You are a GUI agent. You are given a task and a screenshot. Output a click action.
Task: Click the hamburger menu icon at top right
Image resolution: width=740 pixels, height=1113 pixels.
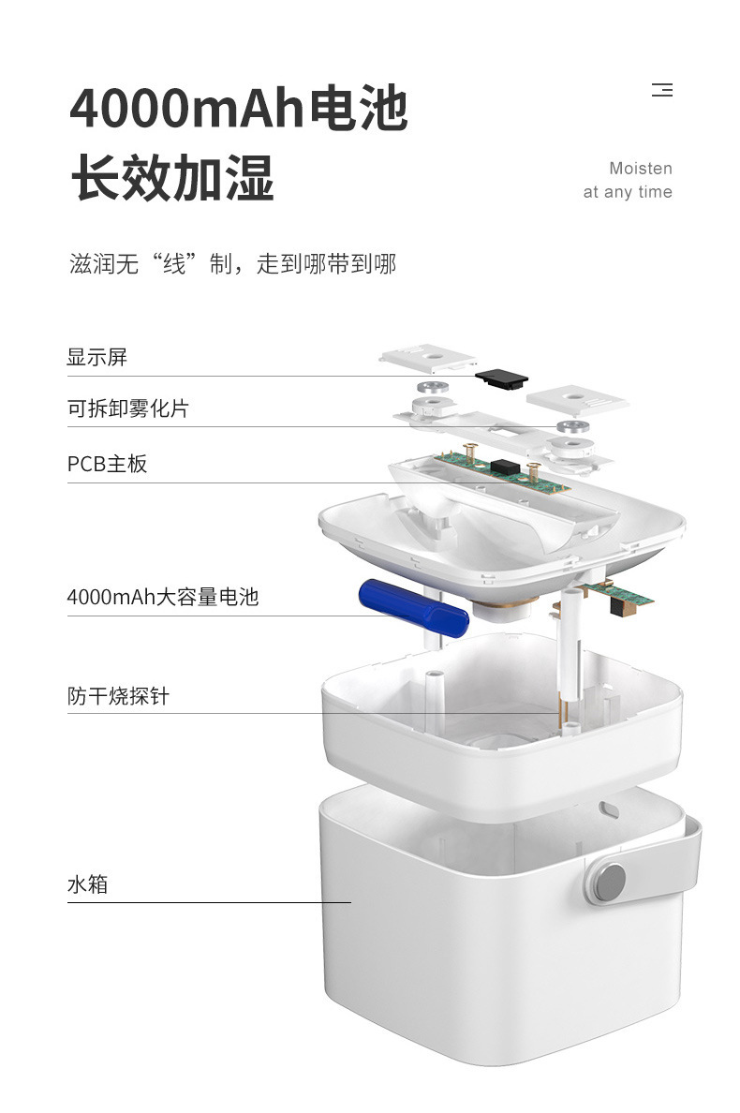click(x=662, y=90)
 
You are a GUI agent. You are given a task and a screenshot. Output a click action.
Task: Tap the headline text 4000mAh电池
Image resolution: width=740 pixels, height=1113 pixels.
click(x=239, y=108)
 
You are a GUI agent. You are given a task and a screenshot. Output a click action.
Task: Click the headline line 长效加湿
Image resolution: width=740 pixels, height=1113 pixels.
click(x=172, y=177)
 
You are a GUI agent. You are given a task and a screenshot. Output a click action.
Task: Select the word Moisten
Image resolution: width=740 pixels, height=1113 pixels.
click(x=641, y=169)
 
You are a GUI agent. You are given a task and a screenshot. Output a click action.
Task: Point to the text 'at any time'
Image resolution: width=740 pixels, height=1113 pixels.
click(x=628, y=192)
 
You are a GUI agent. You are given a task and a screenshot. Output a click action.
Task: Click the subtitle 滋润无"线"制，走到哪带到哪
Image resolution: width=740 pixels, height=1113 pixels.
click(x=232, y=264)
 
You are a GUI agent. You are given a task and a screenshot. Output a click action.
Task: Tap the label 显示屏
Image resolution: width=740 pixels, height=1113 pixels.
click(x=97, y=357)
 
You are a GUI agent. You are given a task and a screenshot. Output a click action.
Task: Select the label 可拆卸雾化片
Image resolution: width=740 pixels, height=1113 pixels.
click(x=128, y=408)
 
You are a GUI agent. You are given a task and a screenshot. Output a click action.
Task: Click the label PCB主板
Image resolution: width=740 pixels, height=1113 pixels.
click(x=107, y=465)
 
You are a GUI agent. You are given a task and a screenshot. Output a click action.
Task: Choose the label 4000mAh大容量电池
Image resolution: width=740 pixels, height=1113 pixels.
click(x=162, y=597)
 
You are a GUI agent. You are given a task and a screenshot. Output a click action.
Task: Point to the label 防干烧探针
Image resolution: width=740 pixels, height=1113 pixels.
click(x=118, y=695)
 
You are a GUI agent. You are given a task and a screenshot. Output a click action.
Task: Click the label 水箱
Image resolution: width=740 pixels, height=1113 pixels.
click(x=87, y=884)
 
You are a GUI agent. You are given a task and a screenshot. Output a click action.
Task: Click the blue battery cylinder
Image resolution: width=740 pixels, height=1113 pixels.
click(x=414, y=608)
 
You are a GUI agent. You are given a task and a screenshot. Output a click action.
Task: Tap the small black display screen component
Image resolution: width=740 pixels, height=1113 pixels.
click(x=502, y=378)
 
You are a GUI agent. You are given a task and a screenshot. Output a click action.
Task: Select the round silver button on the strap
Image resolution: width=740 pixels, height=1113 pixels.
click(x=610, y=881)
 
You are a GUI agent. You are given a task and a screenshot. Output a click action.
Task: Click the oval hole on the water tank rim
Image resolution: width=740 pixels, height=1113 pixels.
click(x=609, y=809)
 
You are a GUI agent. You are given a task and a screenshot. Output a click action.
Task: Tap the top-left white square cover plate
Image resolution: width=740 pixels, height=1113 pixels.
click(x=428, y=359)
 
